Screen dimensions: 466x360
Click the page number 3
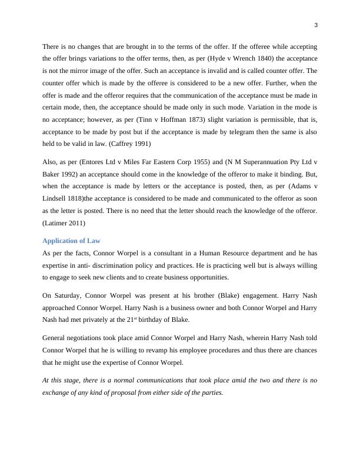[x=316, y=25]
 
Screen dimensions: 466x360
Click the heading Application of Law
[x=71, y=241]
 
